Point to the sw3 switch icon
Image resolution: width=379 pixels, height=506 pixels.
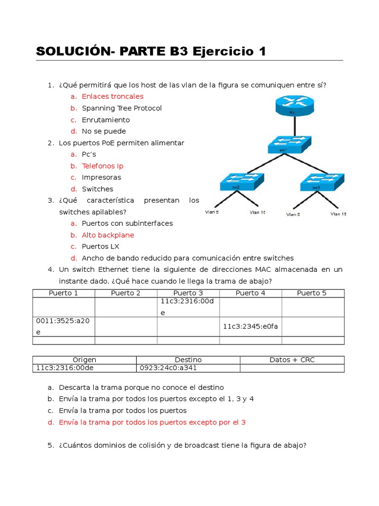(321, 182)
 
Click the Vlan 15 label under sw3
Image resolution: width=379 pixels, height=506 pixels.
(338, 214)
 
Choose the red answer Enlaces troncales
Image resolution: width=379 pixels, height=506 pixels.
(113, 96)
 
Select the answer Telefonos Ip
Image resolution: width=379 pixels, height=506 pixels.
(102, 166)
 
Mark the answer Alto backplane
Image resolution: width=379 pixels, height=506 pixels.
(108, 235)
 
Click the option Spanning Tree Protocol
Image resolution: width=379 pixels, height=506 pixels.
(121, 108)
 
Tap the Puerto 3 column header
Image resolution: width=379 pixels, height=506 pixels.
(188, 293)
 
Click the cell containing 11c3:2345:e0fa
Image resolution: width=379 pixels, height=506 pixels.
(250, 326)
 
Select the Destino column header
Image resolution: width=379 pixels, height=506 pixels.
(188, 360)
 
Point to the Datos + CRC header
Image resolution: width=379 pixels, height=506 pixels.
(292, 360)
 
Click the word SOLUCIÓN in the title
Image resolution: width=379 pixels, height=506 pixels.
(73, 51)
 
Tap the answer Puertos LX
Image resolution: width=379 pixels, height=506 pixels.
(101, 247)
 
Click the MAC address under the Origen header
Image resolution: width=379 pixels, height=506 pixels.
(65, 368)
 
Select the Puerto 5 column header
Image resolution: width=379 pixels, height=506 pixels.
(312, 293)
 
